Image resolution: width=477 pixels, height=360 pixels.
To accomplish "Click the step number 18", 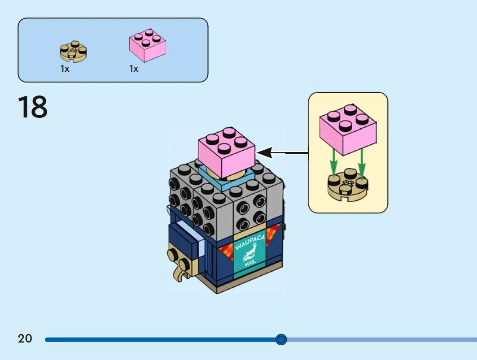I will (33, 108).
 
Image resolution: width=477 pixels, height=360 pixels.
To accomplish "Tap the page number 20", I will (25, 338).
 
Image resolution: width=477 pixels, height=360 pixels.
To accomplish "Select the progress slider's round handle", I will (281, 339).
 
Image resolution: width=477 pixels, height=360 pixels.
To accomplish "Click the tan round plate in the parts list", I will (73, 52).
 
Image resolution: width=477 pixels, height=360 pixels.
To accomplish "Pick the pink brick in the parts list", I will (148, 45).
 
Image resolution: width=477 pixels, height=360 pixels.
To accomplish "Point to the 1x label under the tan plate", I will (65, 69).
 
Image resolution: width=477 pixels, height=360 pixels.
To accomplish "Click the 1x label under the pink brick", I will (134, 69).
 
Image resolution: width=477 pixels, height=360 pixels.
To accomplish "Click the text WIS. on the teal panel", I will (250, 264).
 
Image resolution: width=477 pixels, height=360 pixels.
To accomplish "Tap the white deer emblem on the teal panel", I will (248, 256).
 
